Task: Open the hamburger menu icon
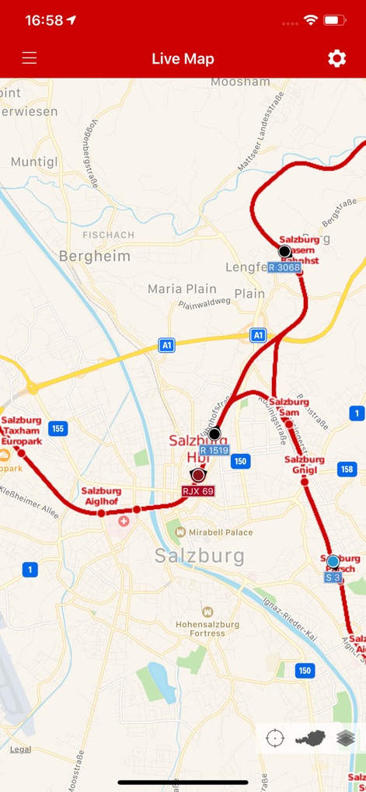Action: click(30, 58)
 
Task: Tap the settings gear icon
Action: click(336, 58)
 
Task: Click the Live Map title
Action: click(183, 59)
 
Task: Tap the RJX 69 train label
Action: click(198, 491)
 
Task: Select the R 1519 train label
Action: click(214, 450)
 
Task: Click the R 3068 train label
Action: click(284, 267)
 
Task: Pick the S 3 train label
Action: click(333, 577)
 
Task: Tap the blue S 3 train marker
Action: click(333, 561)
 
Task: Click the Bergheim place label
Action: click(95, 256)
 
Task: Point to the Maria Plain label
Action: click(182, 289)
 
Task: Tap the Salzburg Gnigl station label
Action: click(304, 465)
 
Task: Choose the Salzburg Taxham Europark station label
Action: click(22, 431)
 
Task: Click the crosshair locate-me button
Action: click(275, 738)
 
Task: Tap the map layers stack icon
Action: click(346, 738)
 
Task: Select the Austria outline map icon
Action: click(310, 738)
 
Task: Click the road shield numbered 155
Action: click(58, 428)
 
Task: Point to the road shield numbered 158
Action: click(347, 469)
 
